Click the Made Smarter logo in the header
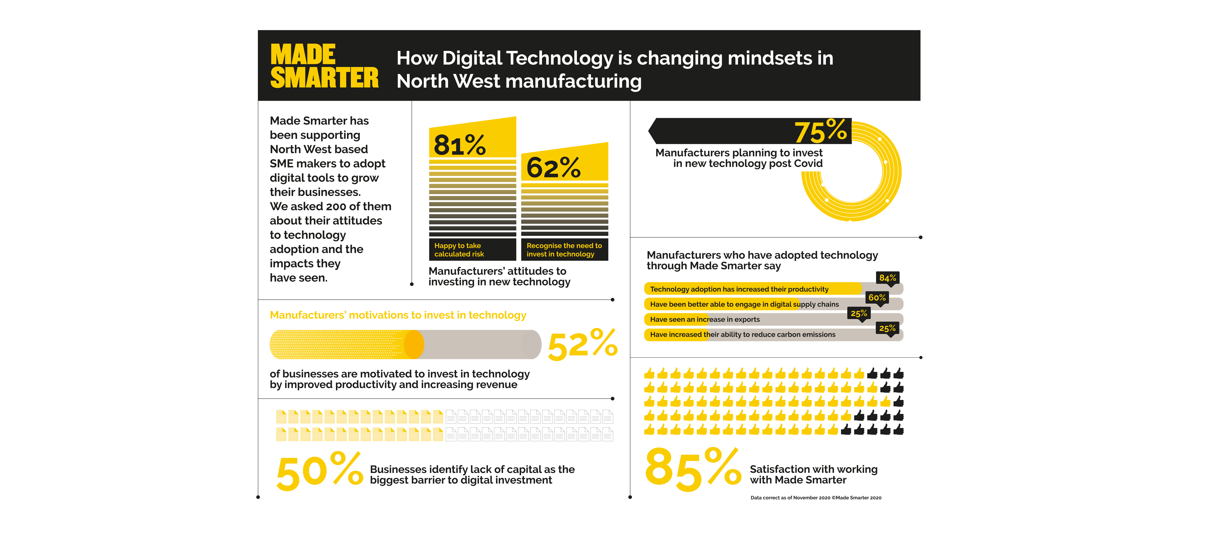click(324, 66)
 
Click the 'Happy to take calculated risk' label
click(459, 250)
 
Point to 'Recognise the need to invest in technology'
click(564, 250)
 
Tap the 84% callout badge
click(887, 278)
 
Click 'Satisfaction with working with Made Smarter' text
click(814, 474)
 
